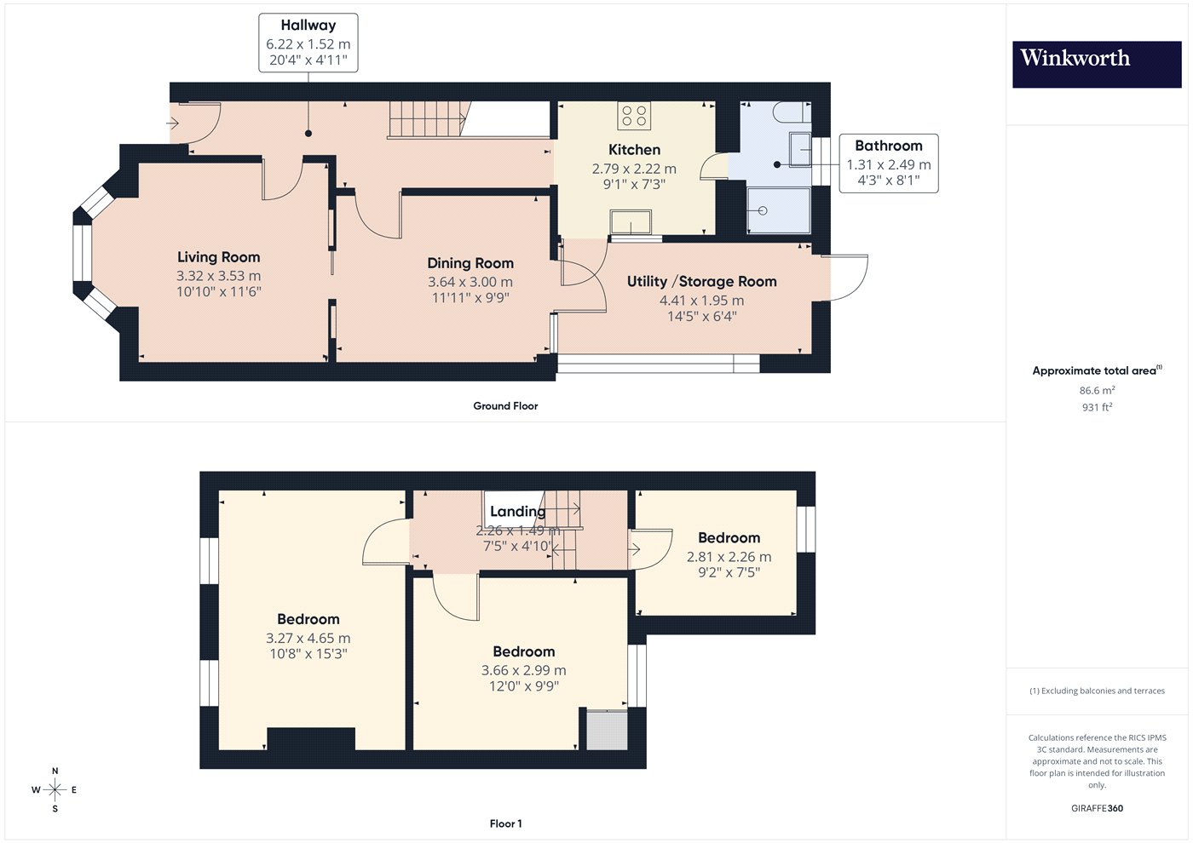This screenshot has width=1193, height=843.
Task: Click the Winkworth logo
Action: (1097, 65)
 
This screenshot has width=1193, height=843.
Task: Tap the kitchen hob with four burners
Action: (634, 116)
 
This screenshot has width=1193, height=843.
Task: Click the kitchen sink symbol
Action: (631, 222)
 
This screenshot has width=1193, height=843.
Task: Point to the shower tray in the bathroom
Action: (779, 210)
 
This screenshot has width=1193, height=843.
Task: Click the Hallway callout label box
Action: (308, 43)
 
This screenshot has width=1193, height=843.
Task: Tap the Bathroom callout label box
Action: (888, 163)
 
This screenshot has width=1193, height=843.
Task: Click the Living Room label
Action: (219, 257)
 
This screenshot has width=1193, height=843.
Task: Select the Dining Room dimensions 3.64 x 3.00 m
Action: (470, 282)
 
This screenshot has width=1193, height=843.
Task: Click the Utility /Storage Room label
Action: (701, 282)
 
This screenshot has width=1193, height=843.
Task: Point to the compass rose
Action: (55, 790)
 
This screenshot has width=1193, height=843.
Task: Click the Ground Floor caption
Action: (505, 406)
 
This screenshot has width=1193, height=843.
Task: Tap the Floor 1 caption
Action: (505, 824)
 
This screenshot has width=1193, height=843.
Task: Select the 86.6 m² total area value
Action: (1098, 390)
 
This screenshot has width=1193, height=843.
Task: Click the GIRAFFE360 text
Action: (1098, 808)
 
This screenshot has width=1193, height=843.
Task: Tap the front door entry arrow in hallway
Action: (172, 124)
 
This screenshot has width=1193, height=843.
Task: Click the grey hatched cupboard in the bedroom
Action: (607, 729)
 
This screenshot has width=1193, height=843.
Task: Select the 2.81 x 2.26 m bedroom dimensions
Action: (729, 557)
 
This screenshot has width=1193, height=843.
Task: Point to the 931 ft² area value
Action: (1098, 407)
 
